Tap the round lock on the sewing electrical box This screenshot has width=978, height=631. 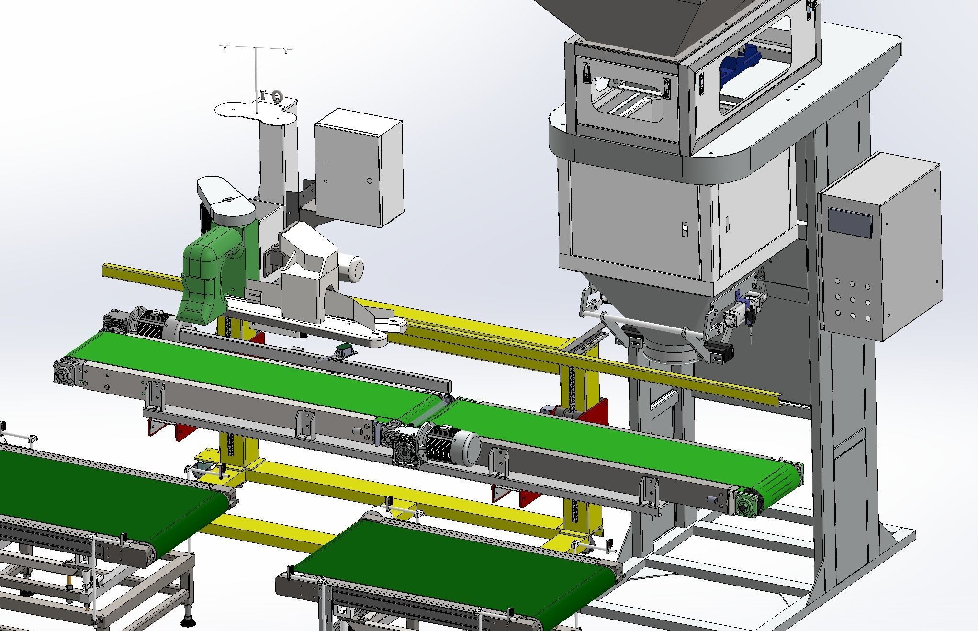coord(369,181)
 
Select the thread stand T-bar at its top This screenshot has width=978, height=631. coord(256,48)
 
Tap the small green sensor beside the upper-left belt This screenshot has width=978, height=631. coord(344,350)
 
